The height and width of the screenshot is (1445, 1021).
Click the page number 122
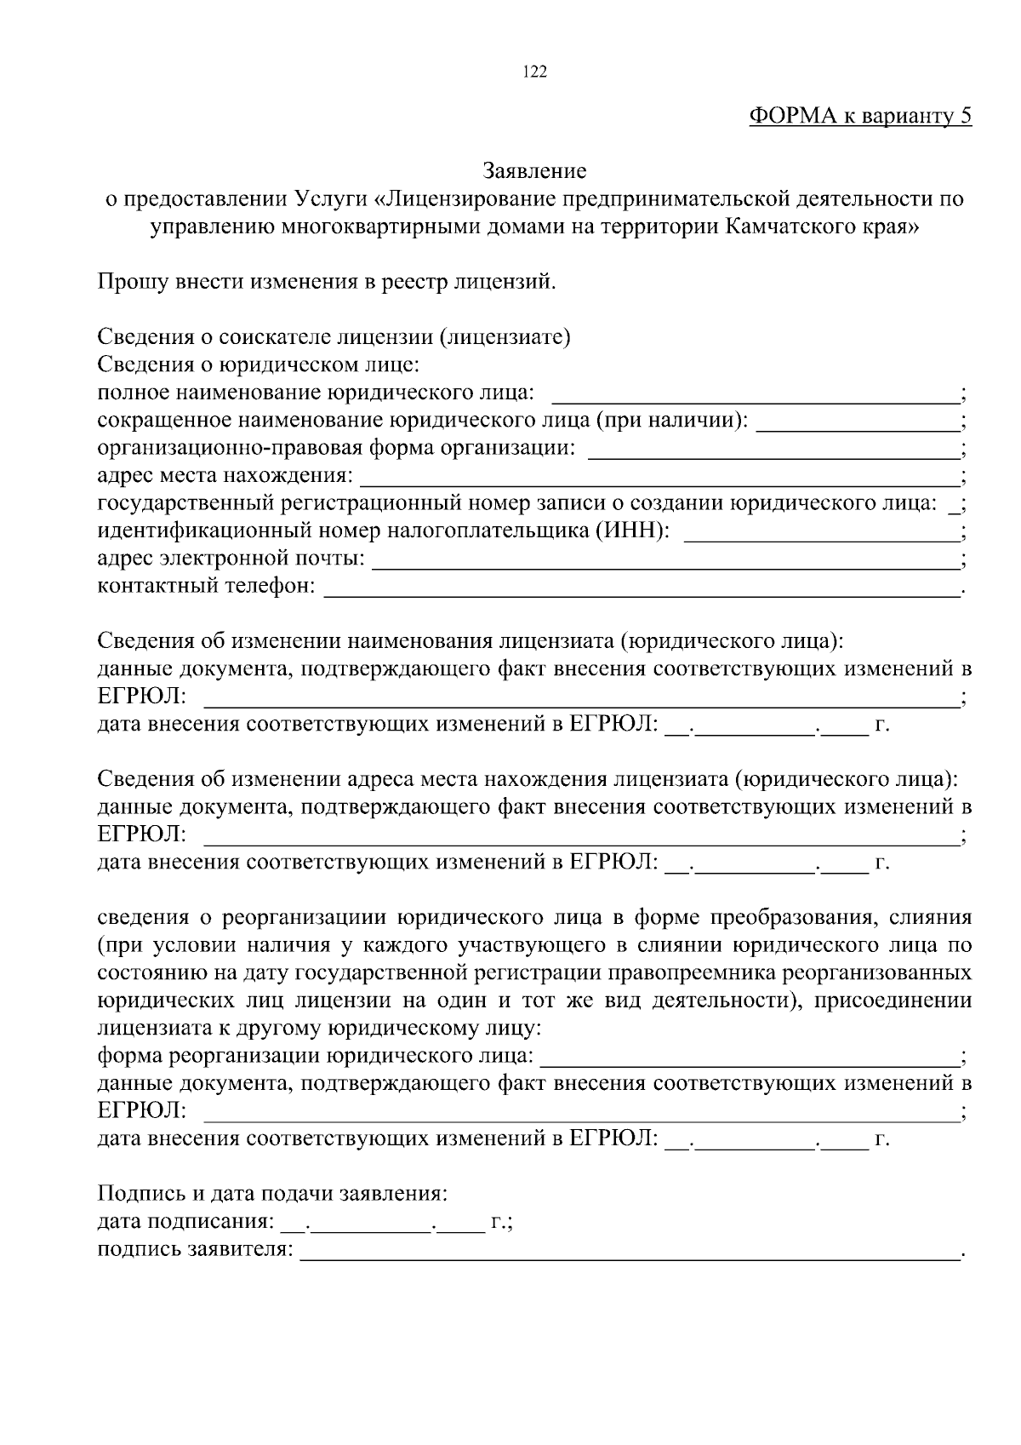[x=534, y=72]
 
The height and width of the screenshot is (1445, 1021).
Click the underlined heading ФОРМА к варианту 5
[x=859, y=117]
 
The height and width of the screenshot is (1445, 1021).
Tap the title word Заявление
[x=534, y=171]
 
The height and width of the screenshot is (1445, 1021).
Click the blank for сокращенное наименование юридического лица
[x=857, y=421]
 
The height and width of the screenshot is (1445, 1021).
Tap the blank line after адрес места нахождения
[x=659, y=476]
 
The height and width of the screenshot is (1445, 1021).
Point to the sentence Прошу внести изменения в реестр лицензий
[x=326, y=282]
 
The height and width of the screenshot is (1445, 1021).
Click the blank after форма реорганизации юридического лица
[x=749, y=1058]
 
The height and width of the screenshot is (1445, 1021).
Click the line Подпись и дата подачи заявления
[x=272, y=1194]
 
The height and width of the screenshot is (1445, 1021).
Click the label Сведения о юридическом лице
[x=259, y=365]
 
